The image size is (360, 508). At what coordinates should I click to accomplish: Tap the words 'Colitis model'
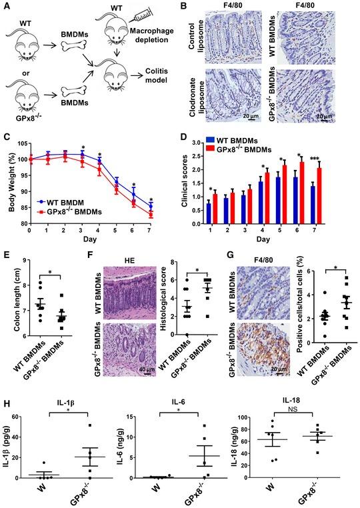pyautogui.click(x=162, y=81)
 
